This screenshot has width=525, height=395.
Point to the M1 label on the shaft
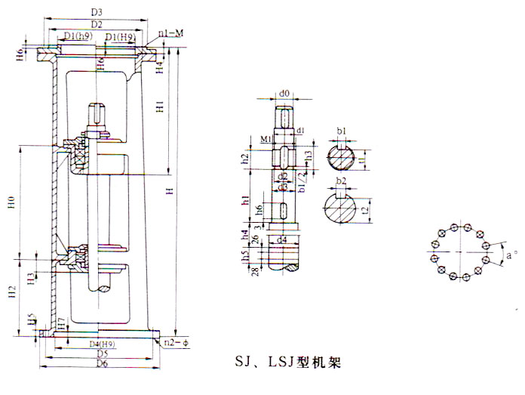point(266,140)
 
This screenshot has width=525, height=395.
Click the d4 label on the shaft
point(281,240)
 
